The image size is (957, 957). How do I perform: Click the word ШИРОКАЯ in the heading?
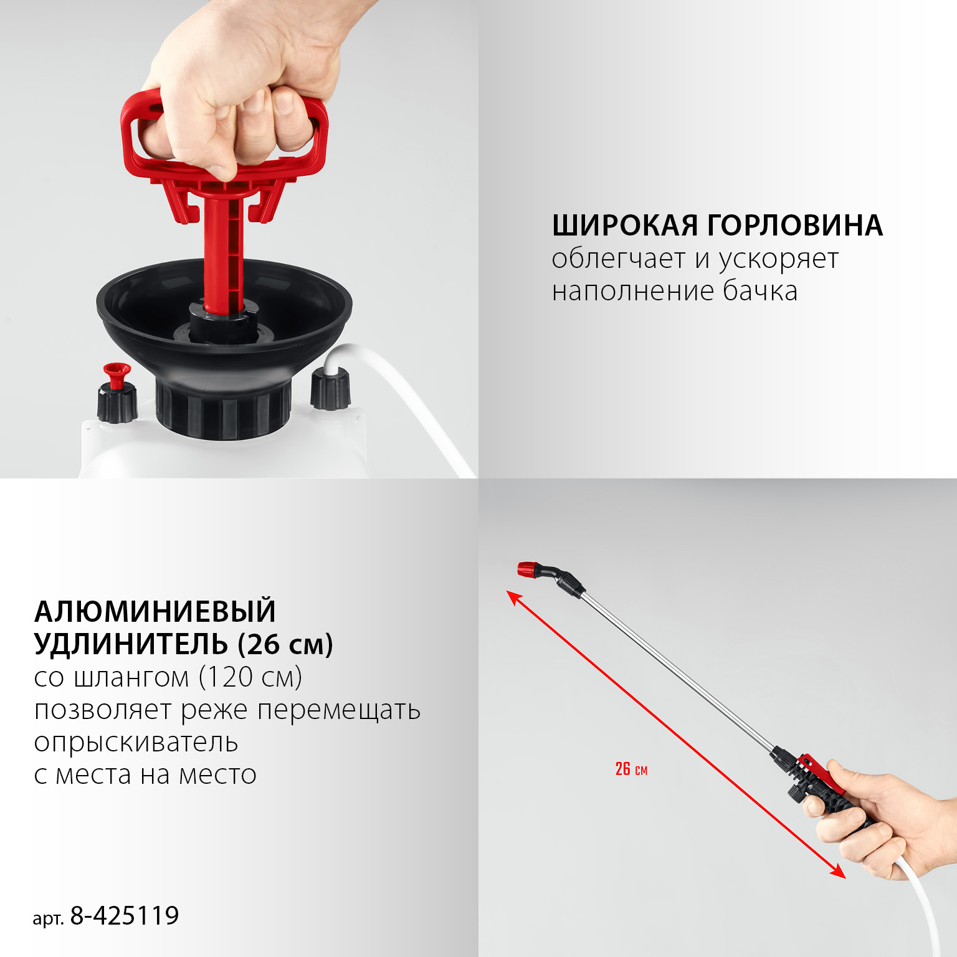[x=625, y=226]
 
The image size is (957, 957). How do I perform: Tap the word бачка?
[x=759, y=291]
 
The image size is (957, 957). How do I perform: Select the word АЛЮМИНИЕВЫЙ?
[x=155, y=611]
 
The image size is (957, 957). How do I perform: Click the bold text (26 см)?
[x=285, y=644]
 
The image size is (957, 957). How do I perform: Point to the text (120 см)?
[x=250, y=677]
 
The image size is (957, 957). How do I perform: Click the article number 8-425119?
[x=124, y=916]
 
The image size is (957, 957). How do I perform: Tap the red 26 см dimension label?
[x=631, y=769]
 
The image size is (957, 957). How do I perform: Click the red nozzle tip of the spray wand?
[x=527, y=569]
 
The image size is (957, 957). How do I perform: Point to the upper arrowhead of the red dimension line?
[x=513, y=597]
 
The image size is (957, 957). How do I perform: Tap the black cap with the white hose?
[x=330, y=389]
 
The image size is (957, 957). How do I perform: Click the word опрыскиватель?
[x=136, y=743]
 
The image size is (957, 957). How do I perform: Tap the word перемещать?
[x=339, y=710]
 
